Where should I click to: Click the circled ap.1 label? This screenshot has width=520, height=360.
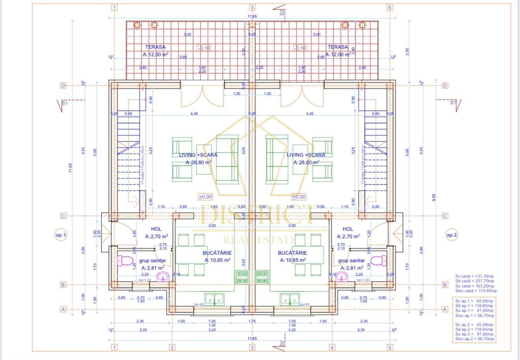point(61,235)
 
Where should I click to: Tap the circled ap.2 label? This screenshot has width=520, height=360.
point(452,235)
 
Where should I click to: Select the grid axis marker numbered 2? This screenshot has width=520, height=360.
point(172,347)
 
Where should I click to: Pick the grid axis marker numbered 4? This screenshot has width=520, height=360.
point(332,347)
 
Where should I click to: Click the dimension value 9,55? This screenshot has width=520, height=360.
point(434,198)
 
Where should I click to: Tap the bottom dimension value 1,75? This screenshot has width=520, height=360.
point(252,321)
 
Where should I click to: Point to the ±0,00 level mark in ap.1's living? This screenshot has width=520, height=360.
point(205,197)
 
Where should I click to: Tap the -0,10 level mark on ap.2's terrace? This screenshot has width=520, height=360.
point(300,48)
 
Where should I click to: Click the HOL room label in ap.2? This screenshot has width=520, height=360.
point(348,229)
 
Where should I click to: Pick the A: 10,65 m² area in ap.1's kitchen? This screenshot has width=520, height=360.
point(217,260)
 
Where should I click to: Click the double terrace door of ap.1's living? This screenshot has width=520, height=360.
point(202,96)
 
